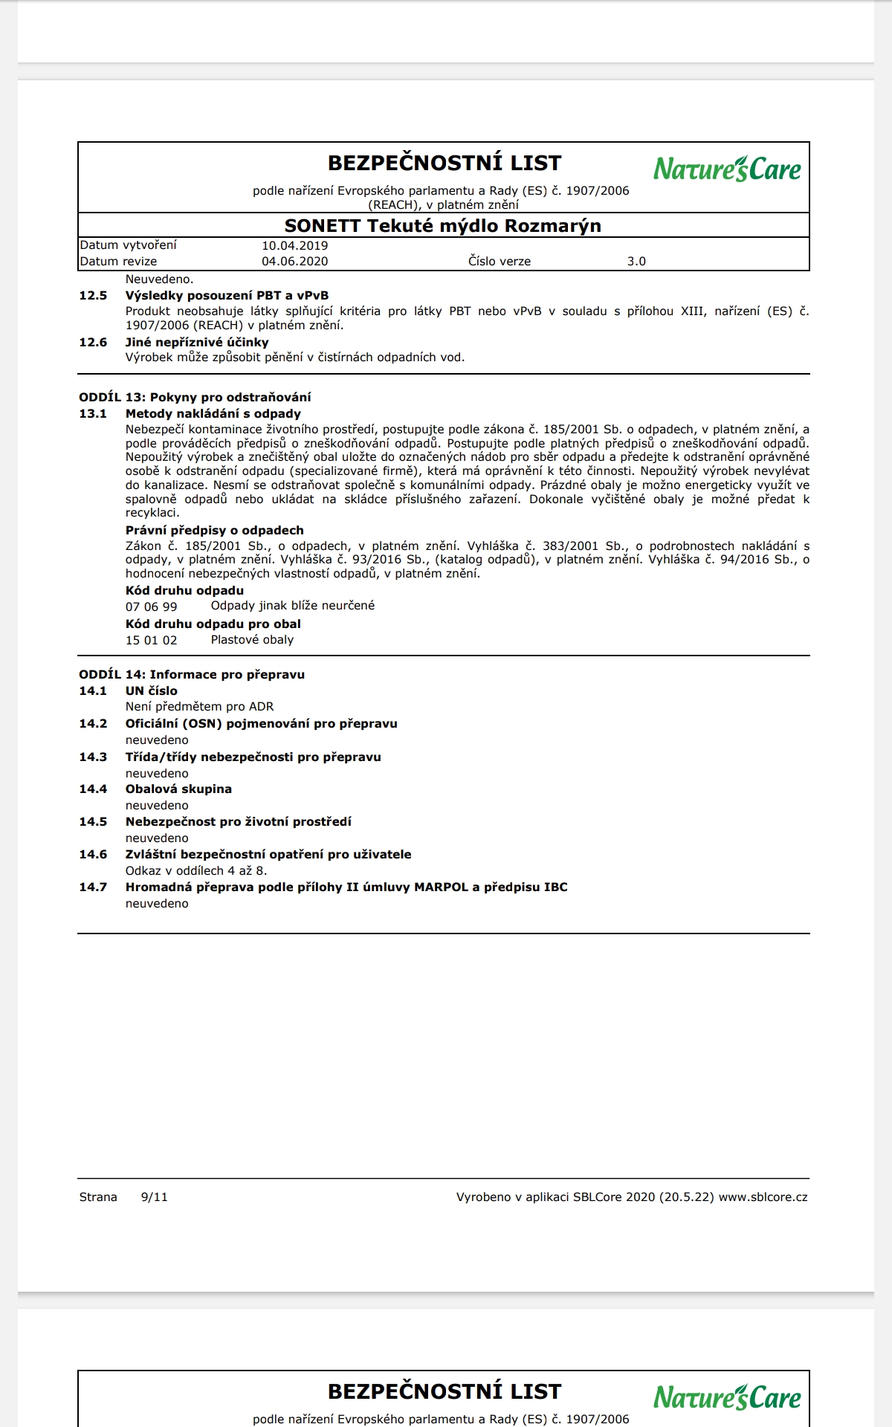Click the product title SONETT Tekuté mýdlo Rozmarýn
443,226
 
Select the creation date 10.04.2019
294,245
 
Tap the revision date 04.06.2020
294,262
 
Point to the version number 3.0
636,262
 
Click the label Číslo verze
500,262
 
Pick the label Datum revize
119,262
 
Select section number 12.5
93,296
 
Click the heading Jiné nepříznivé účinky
197,343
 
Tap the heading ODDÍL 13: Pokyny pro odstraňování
195,398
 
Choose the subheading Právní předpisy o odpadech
214,531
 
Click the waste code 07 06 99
152,606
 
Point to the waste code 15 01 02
152,640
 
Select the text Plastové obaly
252,640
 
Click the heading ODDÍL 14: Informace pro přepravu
192,675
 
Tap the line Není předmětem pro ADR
199,707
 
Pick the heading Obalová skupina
178,789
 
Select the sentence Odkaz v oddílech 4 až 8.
196,871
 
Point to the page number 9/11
154,1197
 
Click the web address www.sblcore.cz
763,1197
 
